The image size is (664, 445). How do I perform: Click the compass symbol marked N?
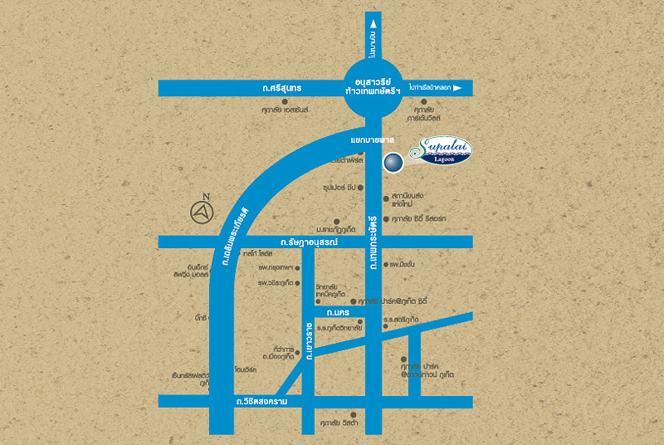pyautogui.click(x=202, y=213)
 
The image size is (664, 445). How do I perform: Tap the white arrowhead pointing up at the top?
pyautogui.click(x=373, y=25)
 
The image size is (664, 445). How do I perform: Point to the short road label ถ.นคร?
pyautogui.click(x=335, y=313)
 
